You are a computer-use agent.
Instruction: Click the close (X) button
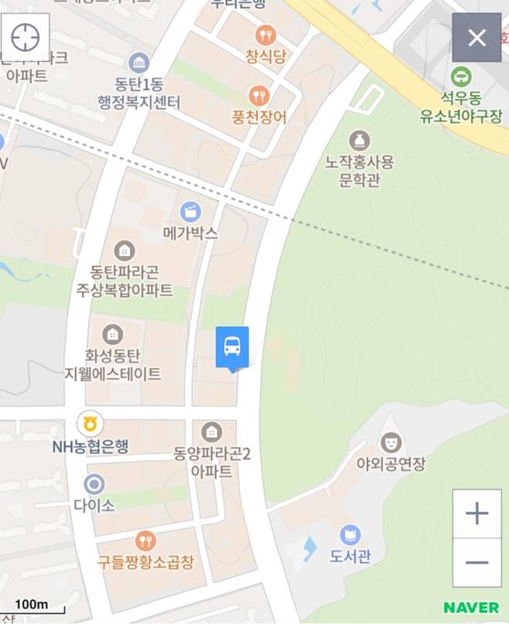[x=477, y=37]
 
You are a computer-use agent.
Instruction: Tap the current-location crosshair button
[x=26, y=36]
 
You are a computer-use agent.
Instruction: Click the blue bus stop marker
[x=232, y=347]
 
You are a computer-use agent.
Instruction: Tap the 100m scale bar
[x=32, y=606]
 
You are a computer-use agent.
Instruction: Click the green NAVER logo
[x=471, y=607]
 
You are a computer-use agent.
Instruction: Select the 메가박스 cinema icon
[x=190, y=211]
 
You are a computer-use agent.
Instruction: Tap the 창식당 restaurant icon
[x=265, y=35]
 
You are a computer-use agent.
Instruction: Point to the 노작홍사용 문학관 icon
[x=359, y=141]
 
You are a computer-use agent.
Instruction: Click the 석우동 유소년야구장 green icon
[x=462, y=76]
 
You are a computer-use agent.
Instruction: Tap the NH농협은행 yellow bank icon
[x=91, y=423]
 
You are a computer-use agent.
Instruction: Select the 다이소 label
[x=94, y=506]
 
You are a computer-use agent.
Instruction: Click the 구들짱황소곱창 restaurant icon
[x=145, y=540]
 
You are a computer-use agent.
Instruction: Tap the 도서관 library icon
[x=350, y=534]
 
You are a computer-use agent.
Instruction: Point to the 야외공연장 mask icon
[x=391, y=443]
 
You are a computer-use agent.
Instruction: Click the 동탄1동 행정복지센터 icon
[x=139, y=63]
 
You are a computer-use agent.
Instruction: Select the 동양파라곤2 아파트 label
[x=212, y=462]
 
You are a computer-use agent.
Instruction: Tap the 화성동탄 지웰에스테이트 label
[x=113, y=366]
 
